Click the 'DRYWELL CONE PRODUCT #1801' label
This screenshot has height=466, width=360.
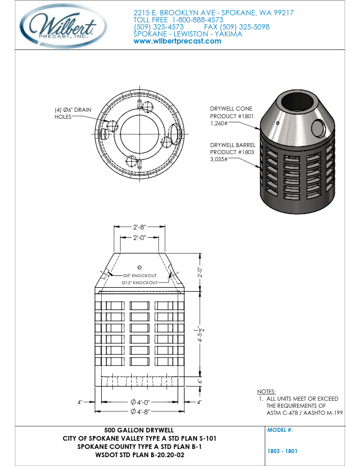click(231, 116)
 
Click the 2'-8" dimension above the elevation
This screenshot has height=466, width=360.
click(139, 226)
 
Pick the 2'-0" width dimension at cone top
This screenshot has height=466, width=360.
click(139, 238)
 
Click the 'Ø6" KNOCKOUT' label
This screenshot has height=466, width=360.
click(139, 275)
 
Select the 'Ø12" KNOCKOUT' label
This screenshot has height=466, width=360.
click(139, 282)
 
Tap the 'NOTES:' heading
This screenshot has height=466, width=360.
click(266, 391)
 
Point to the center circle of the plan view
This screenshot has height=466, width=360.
click(139, 132)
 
